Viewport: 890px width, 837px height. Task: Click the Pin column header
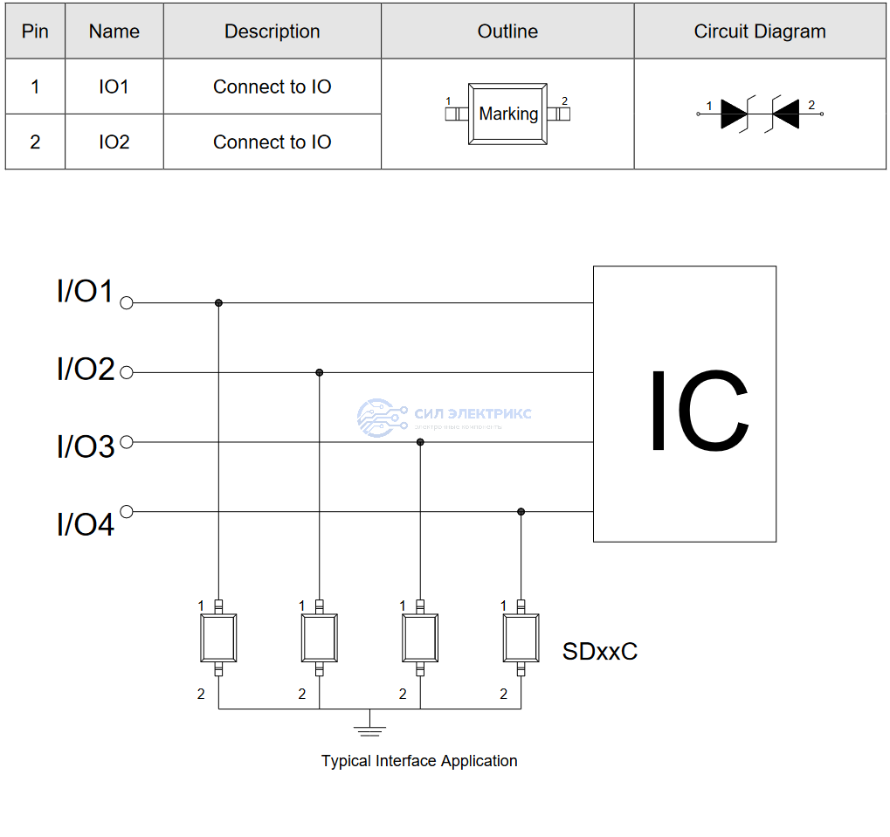35,31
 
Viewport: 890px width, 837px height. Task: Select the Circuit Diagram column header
759,31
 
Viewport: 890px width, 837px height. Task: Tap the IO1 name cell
114,86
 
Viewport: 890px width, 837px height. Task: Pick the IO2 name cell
114,142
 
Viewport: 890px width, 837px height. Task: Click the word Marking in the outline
508,114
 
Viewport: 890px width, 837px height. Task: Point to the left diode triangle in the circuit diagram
733,114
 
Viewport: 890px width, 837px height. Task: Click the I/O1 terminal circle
127,303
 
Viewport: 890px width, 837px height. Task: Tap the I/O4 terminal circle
127,511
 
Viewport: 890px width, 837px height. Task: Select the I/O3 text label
86,446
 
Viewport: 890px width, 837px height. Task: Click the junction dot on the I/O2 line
320,372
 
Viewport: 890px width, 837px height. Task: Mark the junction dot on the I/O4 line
521,511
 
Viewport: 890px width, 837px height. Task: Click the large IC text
697,411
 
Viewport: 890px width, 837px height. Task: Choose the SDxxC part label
599,652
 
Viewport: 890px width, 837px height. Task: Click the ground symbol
370,726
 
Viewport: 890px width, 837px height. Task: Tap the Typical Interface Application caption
419,761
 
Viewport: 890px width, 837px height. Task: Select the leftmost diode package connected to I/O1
218,638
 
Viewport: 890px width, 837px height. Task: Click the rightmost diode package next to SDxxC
521,638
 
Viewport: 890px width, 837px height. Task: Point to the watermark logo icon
382,418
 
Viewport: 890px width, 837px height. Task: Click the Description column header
272,31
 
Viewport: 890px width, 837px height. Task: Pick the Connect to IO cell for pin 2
272,142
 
